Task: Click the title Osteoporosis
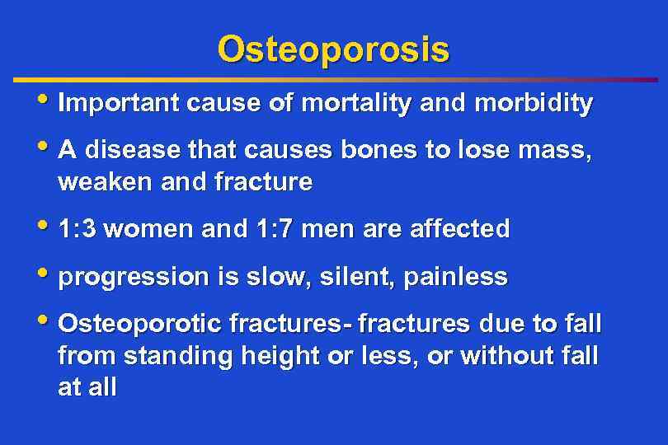coord(333,49)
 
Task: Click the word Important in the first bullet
coord(120,104)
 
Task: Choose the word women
coord(150,229)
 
